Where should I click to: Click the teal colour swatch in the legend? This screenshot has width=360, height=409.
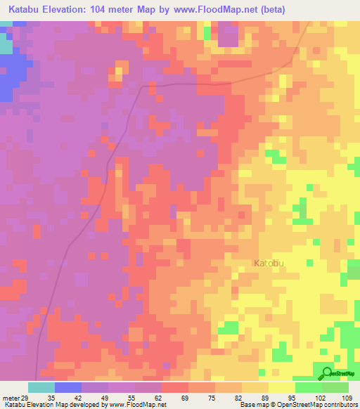[41, 387]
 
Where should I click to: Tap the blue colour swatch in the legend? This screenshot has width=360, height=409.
[68, 387]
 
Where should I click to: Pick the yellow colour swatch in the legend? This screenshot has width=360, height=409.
[282, 387]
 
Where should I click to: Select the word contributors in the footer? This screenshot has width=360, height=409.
[340, 405]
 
